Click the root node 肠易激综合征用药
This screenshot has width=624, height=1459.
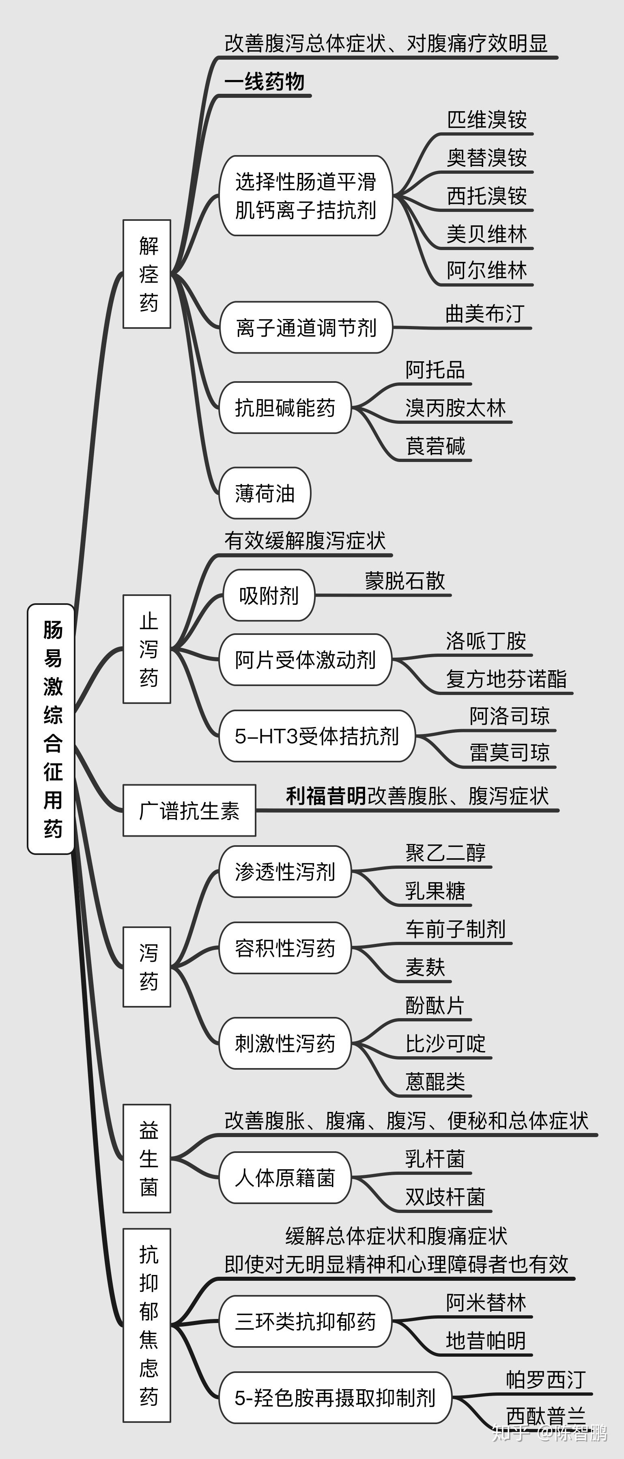[52, 729]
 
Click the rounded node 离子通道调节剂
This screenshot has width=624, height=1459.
[306, 327]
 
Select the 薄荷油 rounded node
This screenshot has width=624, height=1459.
[265, 493]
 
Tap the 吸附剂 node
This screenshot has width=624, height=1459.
[269, 595]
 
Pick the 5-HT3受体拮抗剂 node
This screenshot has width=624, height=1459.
[317, 736]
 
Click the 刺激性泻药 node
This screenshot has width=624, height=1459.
[285, 1043]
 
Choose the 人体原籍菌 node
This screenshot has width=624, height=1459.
[285, 1178]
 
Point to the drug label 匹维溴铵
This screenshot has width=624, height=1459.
[487, 119]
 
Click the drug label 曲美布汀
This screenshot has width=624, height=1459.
[485, 314]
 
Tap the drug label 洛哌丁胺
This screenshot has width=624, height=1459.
[486, 641]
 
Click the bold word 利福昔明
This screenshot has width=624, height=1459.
[325, 796]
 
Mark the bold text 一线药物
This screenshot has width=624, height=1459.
[265, 82]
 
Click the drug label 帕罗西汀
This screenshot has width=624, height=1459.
[546, 1379]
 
